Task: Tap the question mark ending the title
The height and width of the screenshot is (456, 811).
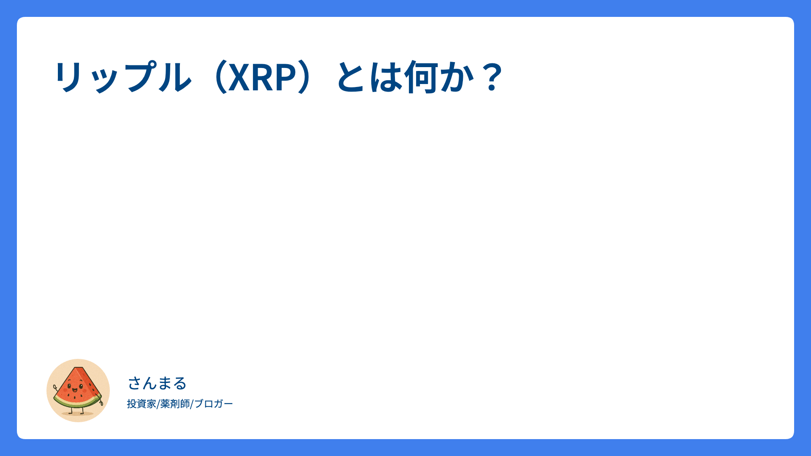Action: click(493, 77)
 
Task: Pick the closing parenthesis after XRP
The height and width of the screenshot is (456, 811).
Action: click(305, 77)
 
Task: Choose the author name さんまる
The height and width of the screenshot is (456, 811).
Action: click(157, 383)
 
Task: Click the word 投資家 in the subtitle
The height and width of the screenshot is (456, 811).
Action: click(142, 404)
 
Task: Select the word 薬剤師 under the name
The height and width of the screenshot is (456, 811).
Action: click(175, 404)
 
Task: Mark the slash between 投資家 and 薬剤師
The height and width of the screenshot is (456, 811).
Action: click(158, 404)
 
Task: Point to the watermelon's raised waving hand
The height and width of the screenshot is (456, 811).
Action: click(55, 387)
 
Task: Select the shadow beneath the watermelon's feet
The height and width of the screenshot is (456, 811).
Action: click(78, 414)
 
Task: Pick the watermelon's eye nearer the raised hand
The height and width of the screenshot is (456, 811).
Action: click(69, 385)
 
